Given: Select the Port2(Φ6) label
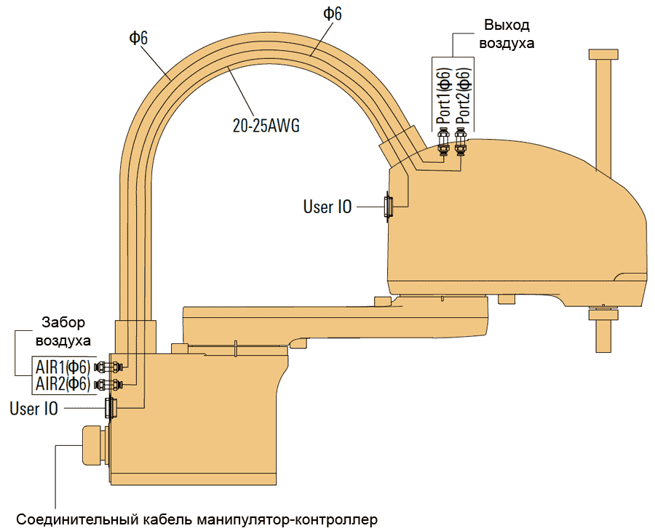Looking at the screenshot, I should pyautogui.click(x=462, y=95).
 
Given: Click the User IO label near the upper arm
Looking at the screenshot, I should pyautogui.click(x=327, y=207).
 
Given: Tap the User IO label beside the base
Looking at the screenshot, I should pyautogui.click(x=34, y=409).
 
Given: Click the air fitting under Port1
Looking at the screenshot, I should pyautogui.click(x=442, y=142).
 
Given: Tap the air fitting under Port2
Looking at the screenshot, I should pyautogui.click(x=460, y=142).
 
